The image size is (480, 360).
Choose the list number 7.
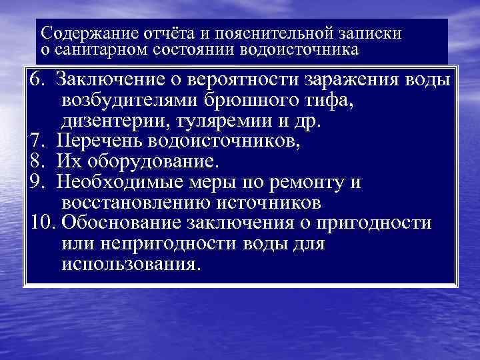coord(37,141)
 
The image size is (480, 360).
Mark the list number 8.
coord(37,162)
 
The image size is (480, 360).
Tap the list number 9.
coord(37,182)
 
